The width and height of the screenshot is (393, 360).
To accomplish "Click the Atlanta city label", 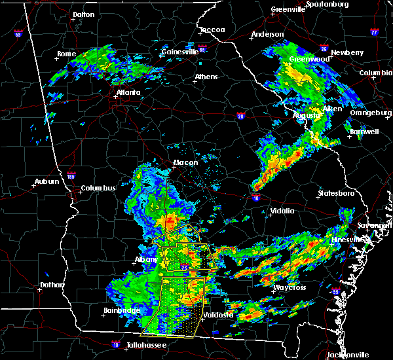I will pos(128,92).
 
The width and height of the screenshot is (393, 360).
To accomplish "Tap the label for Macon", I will pos(186,163).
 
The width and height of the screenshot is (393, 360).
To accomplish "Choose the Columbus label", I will pos(98,189).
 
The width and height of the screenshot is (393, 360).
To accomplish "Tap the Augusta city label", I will pos(305,115).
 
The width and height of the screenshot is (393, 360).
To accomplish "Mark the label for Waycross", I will pos(290,287).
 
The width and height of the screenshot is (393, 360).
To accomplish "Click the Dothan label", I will pos(52,285).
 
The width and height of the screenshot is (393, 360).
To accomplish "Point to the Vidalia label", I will pos(282,211).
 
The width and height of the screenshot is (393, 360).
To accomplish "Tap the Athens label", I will pos(206,77).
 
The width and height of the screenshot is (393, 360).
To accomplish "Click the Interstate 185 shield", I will pos(71,175).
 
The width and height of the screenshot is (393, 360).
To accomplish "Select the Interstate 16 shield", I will pos(255,196).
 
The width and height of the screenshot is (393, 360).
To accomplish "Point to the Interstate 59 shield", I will pos(18,33).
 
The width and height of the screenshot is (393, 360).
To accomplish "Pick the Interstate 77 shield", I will pos(374,31).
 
